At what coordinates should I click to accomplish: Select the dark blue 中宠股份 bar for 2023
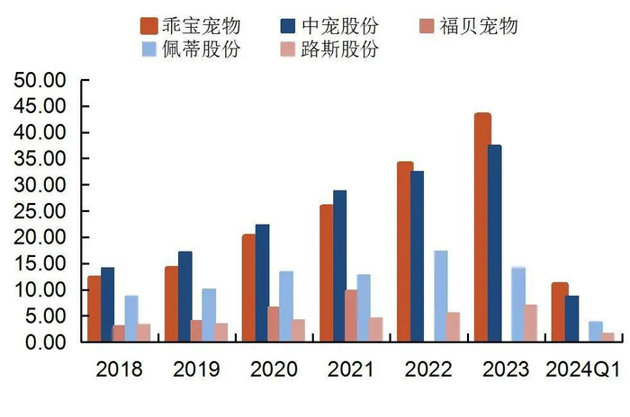pos(495,244)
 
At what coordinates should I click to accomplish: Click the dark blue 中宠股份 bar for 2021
pos(339,265)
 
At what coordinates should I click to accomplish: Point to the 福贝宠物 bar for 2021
pos(351,315)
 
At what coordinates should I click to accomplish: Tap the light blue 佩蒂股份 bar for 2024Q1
pos(596,331)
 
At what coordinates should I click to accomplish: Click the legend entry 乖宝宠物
pos(189,24)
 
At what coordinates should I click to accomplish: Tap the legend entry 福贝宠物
pos(468,24)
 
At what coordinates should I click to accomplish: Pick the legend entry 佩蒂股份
pos(189,49)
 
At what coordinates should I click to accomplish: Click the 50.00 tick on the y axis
pos(41,80)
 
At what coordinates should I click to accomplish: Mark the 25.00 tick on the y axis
pos(41,211)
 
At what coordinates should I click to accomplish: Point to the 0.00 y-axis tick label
pos(46,342)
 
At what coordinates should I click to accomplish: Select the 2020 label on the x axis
pos(272,369)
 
